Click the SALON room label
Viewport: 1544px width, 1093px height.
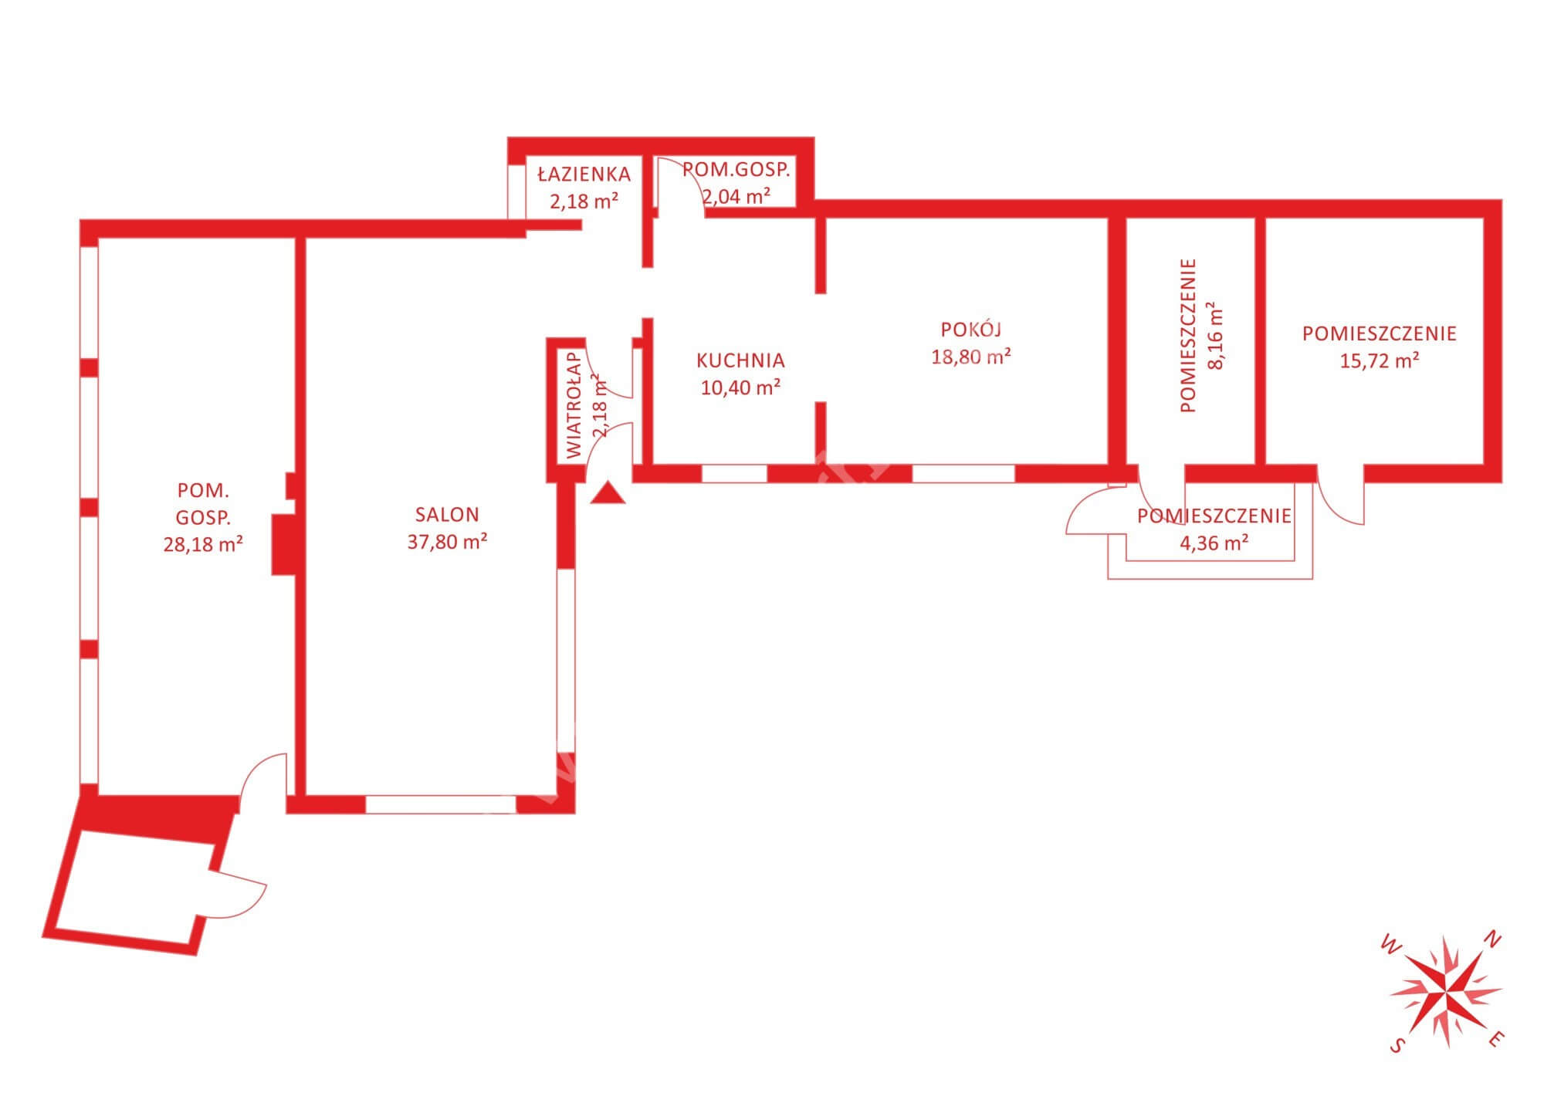pos(447,514)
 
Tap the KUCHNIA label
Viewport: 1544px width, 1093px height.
pos(740,360)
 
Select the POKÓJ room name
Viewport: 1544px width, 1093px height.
pos(971,329)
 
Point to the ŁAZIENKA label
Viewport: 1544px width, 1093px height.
pos(584,174)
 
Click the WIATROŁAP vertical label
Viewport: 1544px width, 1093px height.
pos(574,406)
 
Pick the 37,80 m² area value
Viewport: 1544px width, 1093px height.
pos(447,541)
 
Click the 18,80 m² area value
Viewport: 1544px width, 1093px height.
pos(971,357)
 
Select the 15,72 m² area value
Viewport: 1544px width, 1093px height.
pos(1379,360)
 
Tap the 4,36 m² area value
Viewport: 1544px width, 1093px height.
pos(1214,543)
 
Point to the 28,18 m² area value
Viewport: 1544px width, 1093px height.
pos(203,544)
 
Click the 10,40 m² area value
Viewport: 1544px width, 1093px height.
pos(740,387)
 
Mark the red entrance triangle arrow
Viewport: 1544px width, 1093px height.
pos(608,493)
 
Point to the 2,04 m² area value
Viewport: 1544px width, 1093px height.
pos(736,196)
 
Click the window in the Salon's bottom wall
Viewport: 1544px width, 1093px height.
pos(441,804)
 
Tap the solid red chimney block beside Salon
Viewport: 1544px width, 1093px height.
pos(283,544)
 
